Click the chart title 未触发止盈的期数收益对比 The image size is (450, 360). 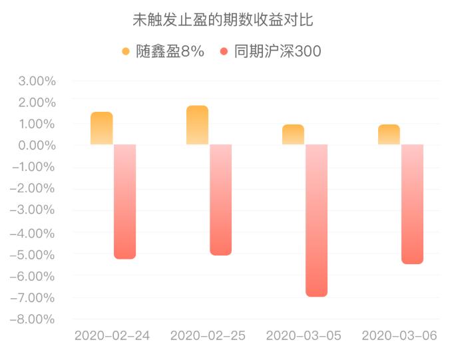click(224, 21)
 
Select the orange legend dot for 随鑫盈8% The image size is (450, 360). click(126, 52)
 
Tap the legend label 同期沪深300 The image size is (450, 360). click(278, 52)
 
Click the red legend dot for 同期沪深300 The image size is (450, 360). click(224, 52)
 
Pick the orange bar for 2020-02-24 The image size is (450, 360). click(102, 128)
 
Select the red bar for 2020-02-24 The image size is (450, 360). click(124, 201)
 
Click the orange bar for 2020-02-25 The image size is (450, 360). click(197, 125)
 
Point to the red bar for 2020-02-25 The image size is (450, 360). click(220, 200)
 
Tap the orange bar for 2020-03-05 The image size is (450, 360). click(293, 134)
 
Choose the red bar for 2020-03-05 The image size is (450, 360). click(316, 220)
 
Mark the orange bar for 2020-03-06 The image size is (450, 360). click(389, 134)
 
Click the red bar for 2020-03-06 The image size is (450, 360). click(412, 204)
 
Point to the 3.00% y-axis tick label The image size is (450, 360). click(37, 81)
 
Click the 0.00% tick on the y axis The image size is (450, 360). click(37, 146)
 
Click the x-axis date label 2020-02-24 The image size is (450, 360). click(112, 336)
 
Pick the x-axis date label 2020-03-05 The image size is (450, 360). click(304, 336)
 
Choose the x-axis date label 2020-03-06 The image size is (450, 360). click(399, 336)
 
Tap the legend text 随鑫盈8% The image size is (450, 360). click(170, 52)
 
